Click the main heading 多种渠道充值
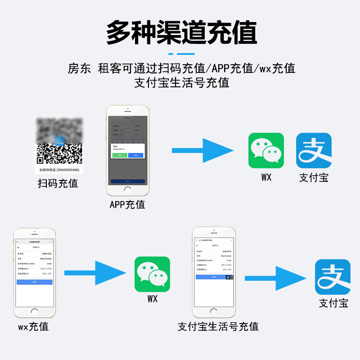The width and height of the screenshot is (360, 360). [181, 32]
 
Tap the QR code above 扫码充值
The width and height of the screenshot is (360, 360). [59, 153]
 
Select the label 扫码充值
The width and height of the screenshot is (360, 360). [58, 184]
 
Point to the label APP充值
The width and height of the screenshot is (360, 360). [127, 204]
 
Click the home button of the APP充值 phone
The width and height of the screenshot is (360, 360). [128, 190]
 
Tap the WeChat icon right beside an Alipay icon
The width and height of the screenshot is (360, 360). [266, 151]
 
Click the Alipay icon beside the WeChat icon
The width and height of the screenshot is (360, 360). [314, 151]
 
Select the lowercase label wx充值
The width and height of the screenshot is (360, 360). [33, 326]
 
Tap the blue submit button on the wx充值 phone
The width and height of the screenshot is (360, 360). [35, 282]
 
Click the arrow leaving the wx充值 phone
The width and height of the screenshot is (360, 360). [95, 273]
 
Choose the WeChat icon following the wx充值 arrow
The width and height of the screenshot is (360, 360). [153, 274]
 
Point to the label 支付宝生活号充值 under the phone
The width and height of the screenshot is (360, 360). [218, 326]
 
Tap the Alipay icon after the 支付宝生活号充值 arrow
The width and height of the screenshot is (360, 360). [333, 277]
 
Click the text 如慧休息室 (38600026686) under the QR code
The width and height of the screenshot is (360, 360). [59, 170]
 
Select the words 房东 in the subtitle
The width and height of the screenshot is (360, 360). [79, 68]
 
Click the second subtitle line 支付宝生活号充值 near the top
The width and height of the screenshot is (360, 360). [181, 83]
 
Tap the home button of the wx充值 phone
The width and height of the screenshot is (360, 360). [35, 311]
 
